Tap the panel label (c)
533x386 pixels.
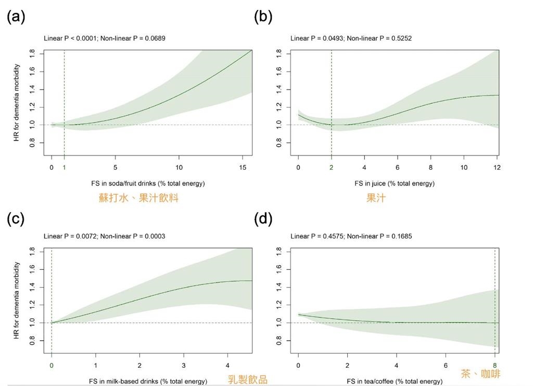tap(16, 218)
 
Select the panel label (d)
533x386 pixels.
tap(263, 218)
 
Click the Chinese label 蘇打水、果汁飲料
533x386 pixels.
tap(138, 198)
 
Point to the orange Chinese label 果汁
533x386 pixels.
tap(375, 198)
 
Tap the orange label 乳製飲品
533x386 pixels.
tap(248, 379)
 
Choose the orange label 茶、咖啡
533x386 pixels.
tap(480, 373)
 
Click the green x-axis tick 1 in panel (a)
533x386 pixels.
tap(64, 167)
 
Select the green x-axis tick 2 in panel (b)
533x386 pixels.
tap(331, 167)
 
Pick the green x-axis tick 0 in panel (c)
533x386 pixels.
tap(52, 365)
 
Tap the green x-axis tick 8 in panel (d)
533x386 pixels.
tap(494, 365)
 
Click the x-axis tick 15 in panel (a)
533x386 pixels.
tap(243, 167)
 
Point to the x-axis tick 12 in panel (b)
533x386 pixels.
tap(497, 167)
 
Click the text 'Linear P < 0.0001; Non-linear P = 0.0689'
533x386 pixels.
tap(105, 38)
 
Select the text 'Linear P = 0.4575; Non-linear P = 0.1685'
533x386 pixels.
tap(351, 236)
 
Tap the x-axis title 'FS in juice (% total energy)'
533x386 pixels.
tap(395, 183)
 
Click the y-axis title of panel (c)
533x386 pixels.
tap(17, 300)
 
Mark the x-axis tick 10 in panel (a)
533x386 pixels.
tap(179, 167)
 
